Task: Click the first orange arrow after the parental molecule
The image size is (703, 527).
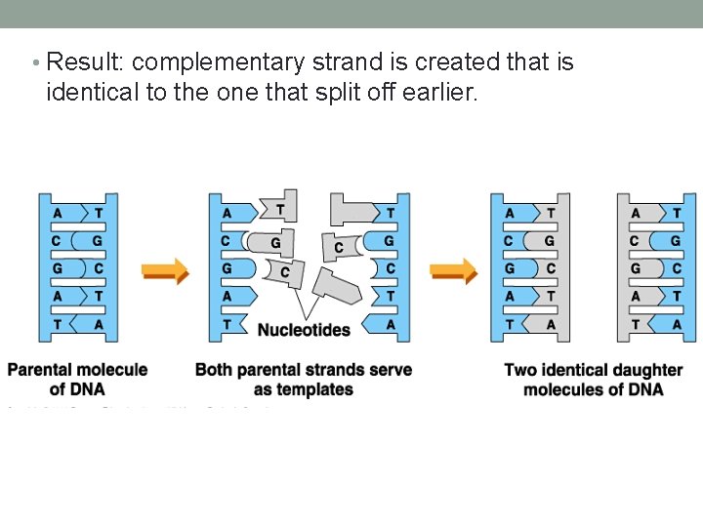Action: pyautogui.click(x=165, y=270)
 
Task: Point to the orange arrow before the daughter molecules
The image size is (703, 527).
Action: pyautogui.click(x=454, y=270)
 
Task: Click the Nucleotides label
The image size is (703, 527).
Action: pyautogui.click(x=304, y=330)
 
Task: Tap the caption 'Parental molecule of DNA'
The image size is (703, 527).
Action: pyautogui.click(x=77, y=380)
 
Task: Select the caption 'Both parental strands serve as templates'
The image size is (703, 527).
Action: pyautogui.click(x=304, y=380)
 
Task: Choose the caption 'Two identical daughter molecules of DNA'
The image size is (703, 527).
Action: pyautogui.click(x=593, y=380)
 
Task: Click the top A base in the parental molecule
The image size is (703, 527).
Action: pyautogui.click(x=59, y=213)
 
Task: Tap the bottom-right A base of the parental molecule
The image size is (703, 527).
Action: pyautogui.click(x=98, y=324)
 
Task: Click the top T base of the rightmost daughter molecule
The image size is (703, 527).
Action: pyautogui.click(x=677, y=213)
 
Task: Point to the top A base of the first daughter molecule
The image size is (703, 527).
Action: pyautogui.click(x=510, y=213)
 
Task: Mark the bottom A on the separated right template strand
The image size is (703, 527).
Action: pyautogui.click(x=390, y=324)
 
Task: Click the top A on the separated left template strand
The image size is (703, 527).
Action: pyautogui.click(x=227, y=213)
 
